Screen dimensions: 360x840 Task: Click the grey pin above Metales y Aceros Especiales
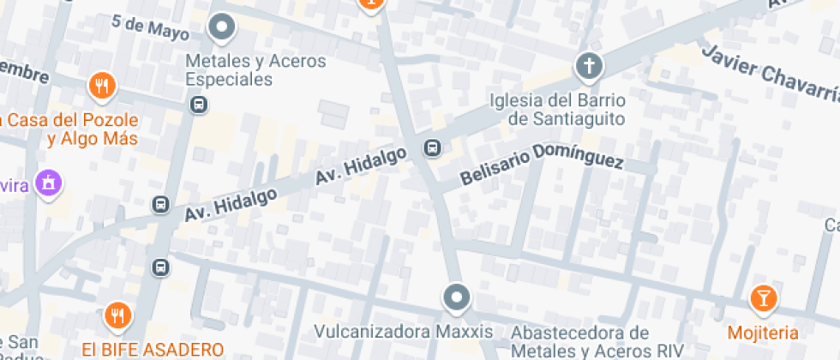click(x=223, y=27)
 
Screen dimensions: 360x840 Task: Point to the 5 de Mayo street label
click(x=150, y=26)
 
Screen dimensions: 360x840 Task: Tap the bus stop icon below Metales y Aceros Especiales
click(x=199, y=105)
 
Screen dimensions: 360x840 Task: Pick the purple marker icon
click(x=51, y=183)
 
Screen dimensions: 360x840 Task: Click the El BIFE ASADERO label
click(x=153, y=350)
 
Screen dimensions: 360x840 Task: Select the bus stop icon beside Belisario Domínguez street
click(x=433, y=149)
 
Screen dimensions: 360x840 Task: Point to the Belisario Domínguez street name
click(x=542, y=165)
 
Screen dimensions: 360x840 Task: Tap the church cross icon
click(x=588, y=65)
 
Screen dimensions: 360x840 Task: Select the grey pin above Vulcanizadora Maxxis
click(x=457, y=298)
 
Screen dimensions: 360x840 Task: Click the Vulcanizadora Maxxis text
click(x=404, y=332)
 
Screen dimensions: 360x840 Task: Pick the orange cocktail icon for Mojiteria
click(x=762, y=298)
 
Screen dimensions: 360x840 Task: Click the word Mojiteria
click(x=763, y=333)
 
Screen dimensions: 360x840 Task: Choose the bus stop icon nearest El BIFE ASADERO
click(x=160, y=267)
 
